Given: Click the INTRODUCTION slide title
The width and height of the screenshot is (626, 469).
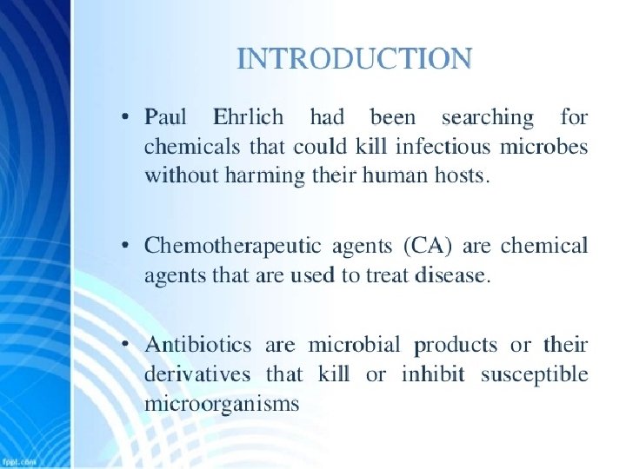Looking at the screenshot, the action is tap(355, 58).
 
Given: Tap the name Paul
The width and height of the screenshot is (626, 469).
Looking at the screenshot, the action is tap(165, 117).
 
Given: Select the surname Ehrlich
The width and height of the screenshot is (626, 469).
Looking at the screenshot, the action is tap(249, 117).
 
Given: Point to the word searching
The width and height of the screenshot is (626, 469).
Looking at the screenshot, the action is tap(488, 118).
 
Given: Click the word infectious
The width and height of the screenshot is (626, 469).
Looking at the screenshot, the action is tap(443, 147).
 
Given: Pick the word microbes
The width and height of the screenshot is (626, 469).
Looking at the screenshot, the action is tap(543, 147).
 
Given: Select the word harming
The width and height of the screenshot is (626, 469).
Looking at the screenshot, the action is tap(264, 176).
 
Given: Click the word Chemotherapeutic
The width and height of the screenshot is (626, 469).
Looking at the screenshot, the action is tap(233, 246).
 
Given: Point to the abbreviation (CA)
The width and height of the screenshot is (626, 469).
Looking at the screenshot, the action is tap(427, 246).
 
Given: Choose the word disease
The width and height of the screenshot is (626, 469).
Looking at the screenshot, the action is tap(452, 275).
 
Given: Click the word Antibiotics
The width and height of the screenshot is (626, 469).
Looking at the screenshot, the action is tap(198, 344).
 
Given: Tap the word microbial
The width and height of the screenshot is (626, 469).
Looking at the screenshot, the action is tap(354, 344).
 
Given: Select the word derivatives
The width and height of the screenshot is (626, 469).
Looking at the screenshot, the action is tap(197, 374).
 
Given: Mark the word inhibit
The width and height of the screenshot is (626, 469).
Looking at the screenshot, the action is tap(433, 374).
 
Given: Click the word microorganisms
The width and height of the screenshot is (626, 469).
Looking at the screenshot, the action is tap(222, 404).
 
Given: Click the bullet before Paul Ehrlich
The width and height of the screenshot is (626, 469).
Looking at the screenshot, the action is tap(125, 117).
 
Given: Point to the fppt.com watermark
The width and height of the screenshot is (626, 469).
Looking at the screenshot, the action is tap(18, 462).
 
